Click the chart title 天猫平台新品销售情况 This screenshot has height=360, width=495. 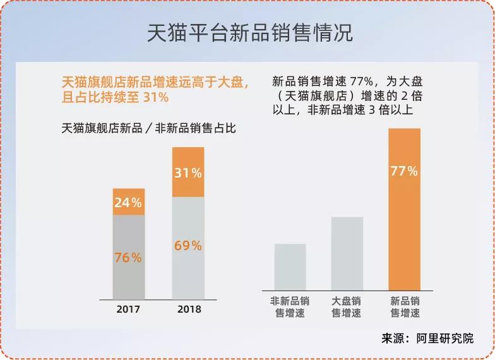pyautogui.click(x=247, y=33)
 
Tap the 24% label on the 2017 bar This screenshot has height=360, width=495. pyautogui.click(x=128, y=203)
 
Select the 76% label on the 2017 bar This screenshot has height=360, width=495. pyautogui.click(x=128, y=258)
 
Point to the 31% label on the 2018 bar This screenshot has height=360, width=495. pyautogui.click(x=188, y=172)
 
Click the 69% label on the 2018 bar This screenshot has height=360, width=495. pyautogui.click(x=188, y=246)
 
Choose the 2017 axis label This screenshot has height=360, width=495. pyautogui.click(x=128, y=309)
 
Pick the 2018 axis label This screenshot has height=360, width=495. pyautogui.click(x=189, y=309)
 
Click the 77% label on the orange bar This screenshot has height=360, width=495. pyautogui.click(x=404, y=171)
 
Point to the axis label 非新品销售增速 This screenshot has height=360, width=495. pyautogui.click(x=290, y=307)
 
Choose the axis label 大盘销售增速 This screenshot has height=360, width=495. pyautogui.click(x=347, y=307)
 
